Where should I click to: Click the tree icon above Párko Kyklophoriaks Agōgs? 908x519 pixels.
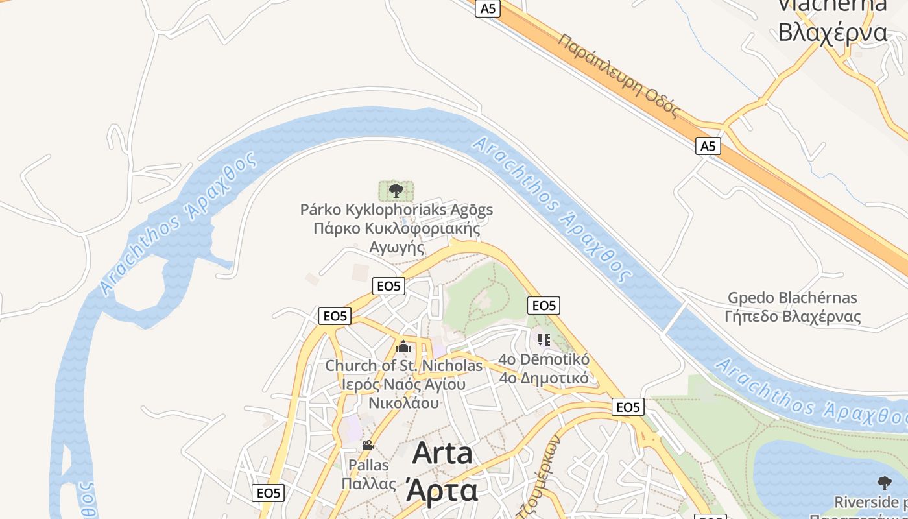(x=396, y=191)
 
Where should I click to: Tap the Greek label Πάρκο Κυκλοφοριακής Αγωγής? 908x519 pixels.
(x=396, y=237)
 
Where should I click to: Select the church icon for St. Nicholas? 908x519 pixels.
(x=403, y=347)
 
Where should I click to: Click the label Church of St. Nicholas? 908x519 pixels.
(x=403, y=366)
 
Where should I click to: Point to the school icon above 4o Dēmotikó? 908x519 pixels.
(x=544, y=339)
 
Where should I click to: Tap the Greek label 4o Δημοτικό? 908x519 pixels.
(x=544, y=378)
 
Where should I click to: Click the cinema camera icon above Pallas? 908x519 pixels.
(x=368, y=445)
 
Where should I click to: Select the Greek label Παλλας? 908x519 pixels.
(x=368, y=484)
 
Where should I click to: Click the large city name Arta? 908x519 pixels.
(x=442, y=453)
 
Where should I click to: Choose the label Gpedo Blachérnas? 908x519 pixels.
(x=792, y=298)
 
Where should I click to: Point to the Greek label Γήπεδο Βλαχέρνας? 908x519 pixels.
(x=793, y=317)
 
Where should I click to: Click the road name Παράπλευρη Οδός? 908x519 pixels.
(x=617, y=77)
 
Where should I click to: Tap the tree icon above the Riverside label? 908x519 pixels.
(x=884, y=483)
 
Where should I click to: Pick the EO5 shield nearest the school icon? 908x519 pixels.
(x=544, y=306)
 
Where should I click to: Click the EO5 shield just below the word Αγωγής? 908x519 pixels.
(x=389, y=286)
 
